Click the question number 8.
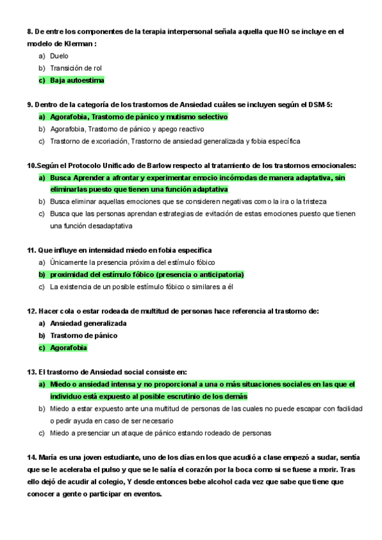coord(29,31)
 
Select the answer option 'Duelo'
coord(59,56)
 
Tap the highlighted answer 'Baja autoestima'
coord(77,80)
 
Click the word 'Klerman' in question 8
coord(76,43)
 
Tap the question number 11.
coord(31,250)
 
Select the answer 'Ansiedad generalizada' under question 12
coord(88,323)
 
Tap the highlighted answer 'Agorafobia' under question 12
coord(68,348)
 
